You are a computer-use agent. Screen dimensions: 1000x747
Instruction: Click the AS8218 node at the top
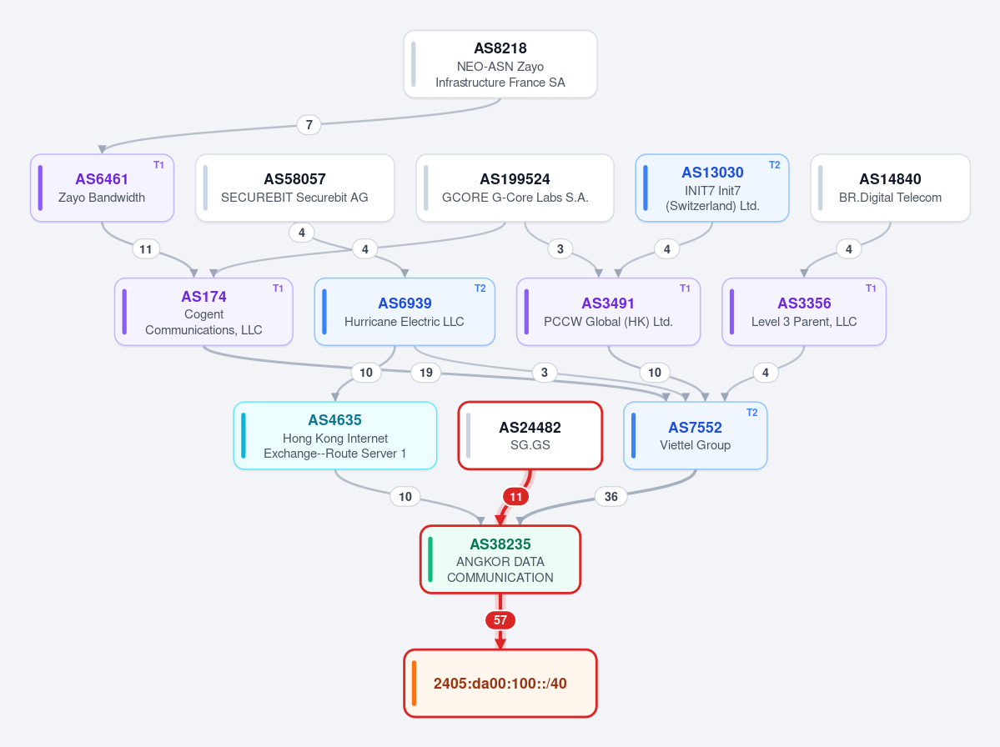[500, 64]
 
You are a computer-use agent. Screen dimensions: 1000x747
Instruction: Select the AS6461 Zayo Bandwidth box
[102, 188]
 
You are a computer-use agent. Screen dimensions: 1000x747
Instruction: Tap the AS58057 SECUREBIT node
[294, 188]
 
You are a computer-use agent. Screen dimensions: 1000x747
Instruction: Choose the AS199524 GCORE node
[515, 188]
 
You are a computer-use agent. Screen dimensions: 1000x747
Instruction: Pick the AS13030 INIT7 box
[712, 188]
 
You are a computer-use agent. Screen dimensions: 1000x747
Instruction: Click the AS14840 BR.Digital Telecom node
[890, 188]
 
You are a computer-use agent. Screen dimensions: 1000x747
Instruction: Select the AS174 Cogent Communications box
[204, 312]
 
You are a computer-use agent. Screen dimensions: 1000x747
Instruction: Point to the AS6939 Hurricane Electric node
[405, 312]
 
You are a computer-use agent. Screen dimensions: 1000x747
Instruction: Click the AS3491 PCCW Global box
[608, 312]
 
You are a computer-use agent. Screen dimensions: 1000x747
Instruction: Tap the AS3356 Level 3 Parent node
[803, 312]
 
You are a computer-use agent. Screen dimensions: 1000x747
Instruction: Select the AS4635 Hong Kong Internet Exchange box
[334, 435]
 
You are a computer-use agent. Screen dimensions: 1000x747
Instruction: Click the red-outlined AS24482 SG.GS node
[530, 435]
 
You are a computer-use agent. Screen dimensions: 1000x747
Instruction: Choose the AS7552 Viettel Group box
[695, 435]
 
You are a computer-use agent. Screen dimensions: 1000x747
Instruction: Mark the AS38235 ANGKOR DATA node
[500, 559]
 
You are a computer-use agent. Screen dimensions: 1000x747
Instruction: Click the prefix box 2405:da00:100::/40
[500, 684]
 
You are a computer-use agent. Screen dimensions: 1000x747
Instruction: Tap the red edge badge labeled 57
[500, 620]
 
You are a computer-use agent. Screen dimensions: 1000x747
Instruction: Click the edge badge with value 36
[611, 497]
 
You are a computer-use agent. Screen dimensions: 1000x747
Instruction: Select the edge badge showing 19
[426, 372]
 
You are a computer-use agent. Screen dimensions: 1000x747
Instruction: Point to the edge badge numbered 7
[309, 124]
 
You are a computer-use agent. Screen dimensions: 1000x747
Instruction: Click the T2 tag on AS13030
[774, 165]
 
